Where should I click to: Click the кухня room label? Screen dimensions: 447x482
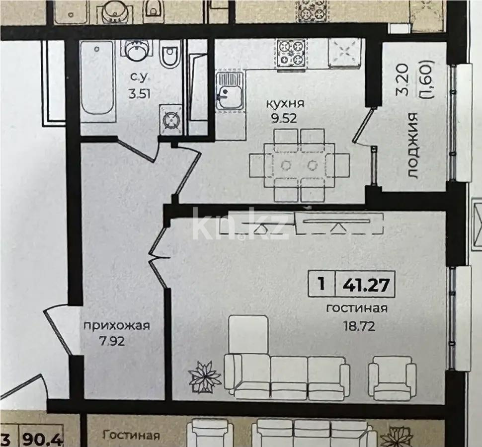pyautogui.click(x=285, y=105)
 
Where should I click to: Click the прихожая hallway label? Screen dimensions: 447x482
pyautogui.click(x=117, y=326)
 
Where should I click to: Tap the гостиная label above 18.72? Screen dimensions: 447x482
pyautogui.click(x=356, y=308)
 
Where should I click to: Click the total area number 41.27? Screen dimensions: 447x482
pyautogui.click(x=366, y=284)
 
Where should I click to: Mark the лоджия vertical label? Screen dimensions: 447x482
pyautogui.click(x=412, y=145)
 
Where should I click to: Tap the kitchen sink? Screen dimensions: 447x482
pyautogui.click(x=229, y=91)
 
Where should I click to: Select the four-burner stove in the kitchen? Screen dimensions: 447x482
pyautogui.click(x=291, y=52)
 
